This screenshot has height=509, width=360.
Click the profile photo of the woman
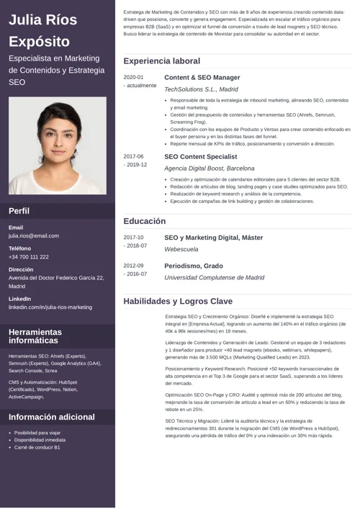(x=57, y=145)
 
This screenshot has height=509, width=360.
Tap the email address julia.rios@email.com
(x=34, y=235)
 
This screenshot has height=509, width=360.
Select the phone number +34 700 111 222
(x=29, y=256)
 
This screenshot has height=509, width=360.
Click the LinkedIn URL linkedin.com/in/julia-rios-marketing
(x=50, y=307)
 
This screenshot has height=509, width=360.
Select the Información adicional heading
(x=52, y=418)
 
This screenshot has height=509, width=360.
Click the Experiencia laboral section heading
(x=161, y=61)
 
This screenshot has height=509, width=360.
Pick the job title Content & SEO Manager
(x=202, y=77)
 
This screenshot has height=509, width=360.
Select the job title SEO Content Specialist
(x=200, y=156)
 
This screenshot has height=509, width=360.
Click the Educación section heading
(x=144, y=221)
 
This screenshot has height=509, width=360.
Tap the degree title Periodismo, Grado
(x=193, y=266)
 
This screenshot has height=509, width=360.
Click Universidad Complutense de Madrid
(x=214, y=277)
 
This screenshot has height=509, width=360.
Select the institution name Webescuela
(x=181, y=249)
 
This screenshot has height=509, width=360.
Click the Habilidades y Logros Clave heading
(x=178, y=301)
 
